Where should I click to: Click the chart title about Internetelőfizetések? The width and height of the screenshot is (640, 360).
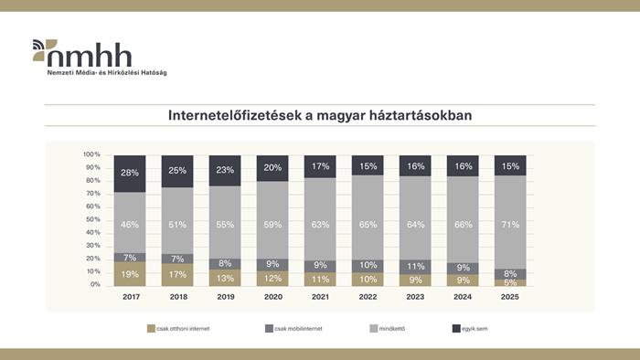point(319,116)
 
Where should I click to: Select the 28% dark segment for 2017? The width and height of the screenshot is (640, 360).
point(130,173)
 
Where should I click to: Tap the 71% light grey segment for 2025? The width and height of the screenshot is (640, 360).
point(510,223)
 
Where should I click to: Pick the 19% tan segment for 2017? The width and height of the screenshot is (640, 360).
point(130,274)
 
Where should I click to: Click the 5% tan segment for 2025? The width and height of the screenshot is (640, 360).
point(510,283)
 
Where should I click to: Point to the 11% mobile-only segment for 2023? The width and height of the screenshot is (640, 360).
point(415,267)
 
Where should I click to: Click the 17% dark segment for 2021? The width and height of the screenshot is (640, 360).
point(320,166)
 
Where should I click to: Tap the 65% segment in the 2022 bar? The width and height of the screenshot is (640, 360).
point(368,222)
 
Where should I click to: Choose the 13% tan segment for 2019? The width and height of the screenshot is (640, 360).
point(225,279)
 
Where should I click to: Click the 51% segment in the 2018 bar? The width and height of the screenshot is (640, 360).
point(177,220)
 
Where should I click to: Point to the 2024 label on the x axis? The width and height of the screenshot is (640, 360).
point(463,298)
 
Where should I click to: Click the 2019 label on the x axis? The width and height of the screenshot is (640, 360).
point(225,298)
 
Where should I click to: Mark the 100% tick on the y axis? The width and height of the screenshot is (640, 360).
point(91,154)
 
